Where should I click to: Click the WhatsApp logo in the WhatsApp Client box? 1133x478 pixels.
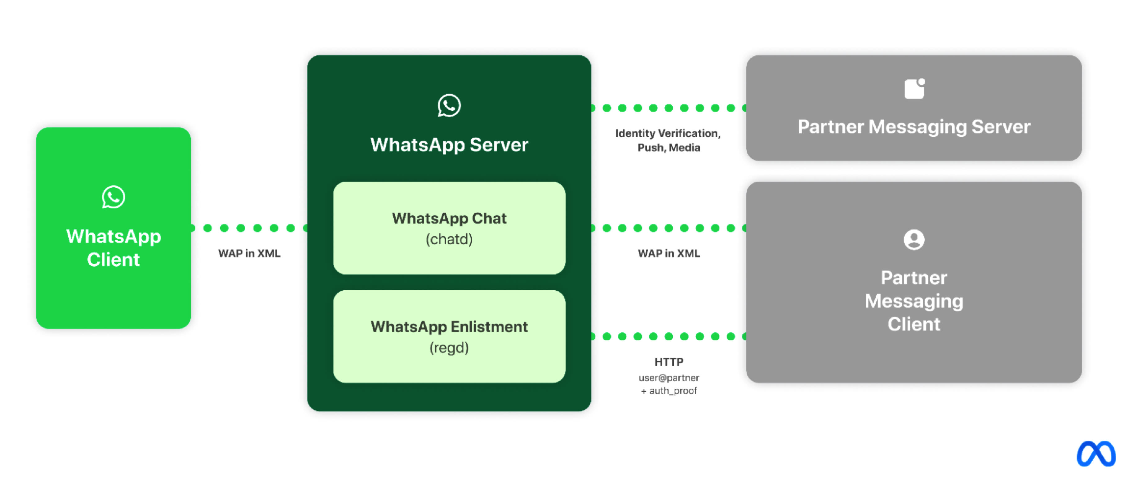tap(113, 197)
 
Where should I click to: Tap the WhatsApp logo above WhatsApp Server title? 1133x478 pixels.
tap(449, 105)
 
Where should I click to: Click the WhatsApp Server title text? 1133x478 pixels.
tap(449, 145)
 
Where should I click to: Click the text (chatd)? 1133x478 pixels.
tap(449, 239)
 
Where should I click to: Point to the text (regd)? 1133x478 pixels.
tap(449, 348)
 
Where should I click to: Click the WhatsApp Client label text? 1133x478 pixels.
tap(113, 248)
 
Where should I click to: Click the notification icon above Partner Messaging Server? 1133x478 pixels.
tap(914, 89)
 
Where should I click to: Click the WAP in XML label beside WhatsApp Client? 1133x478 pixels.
tap(249, 253)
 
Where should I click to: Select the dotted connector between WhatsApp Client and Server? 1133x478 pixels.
tap(249, 228)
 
